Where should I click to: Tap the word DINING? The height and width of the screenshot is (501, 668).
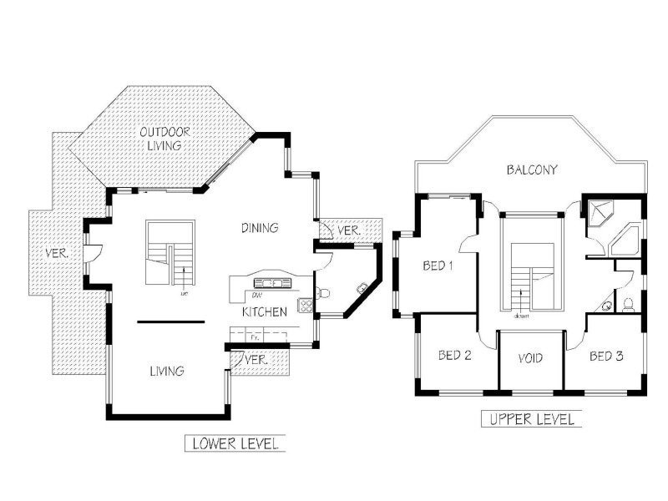[x=260, y=227]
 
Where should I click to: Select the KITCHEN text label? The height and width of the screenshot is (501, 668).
[x=265, y=311]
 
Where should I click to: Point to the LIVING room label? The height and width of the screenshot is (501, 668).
[x=167, y=371]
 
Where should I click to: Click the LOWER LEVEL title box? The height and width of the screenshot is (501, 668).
[x=235, y=443]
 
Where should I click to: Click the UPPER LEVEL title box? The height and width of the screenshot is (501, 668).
[x=531, y=419]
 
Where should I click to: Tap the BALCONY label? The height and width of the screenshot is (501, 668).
[x=532, y=170]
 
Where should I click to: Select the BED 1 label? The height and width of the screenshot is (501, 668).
[x=438, y=266]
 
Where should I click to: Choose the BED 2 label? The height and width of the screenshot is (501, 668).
[x=455, y=356]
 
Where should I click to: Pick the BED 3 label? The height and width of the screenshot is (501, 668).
[x=606, y=356]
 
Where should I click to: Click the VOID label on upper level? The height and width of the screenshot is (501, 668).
[x=530, y=358]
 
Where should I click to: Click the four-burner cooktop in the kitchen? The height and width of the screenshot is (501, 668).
[x=306, y=305]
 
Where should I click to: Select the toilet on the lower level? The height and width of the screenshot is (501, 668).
[x=324, y=293]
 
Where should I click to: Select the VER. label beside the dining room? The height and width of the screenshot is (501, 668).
[x=347, y=230]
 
